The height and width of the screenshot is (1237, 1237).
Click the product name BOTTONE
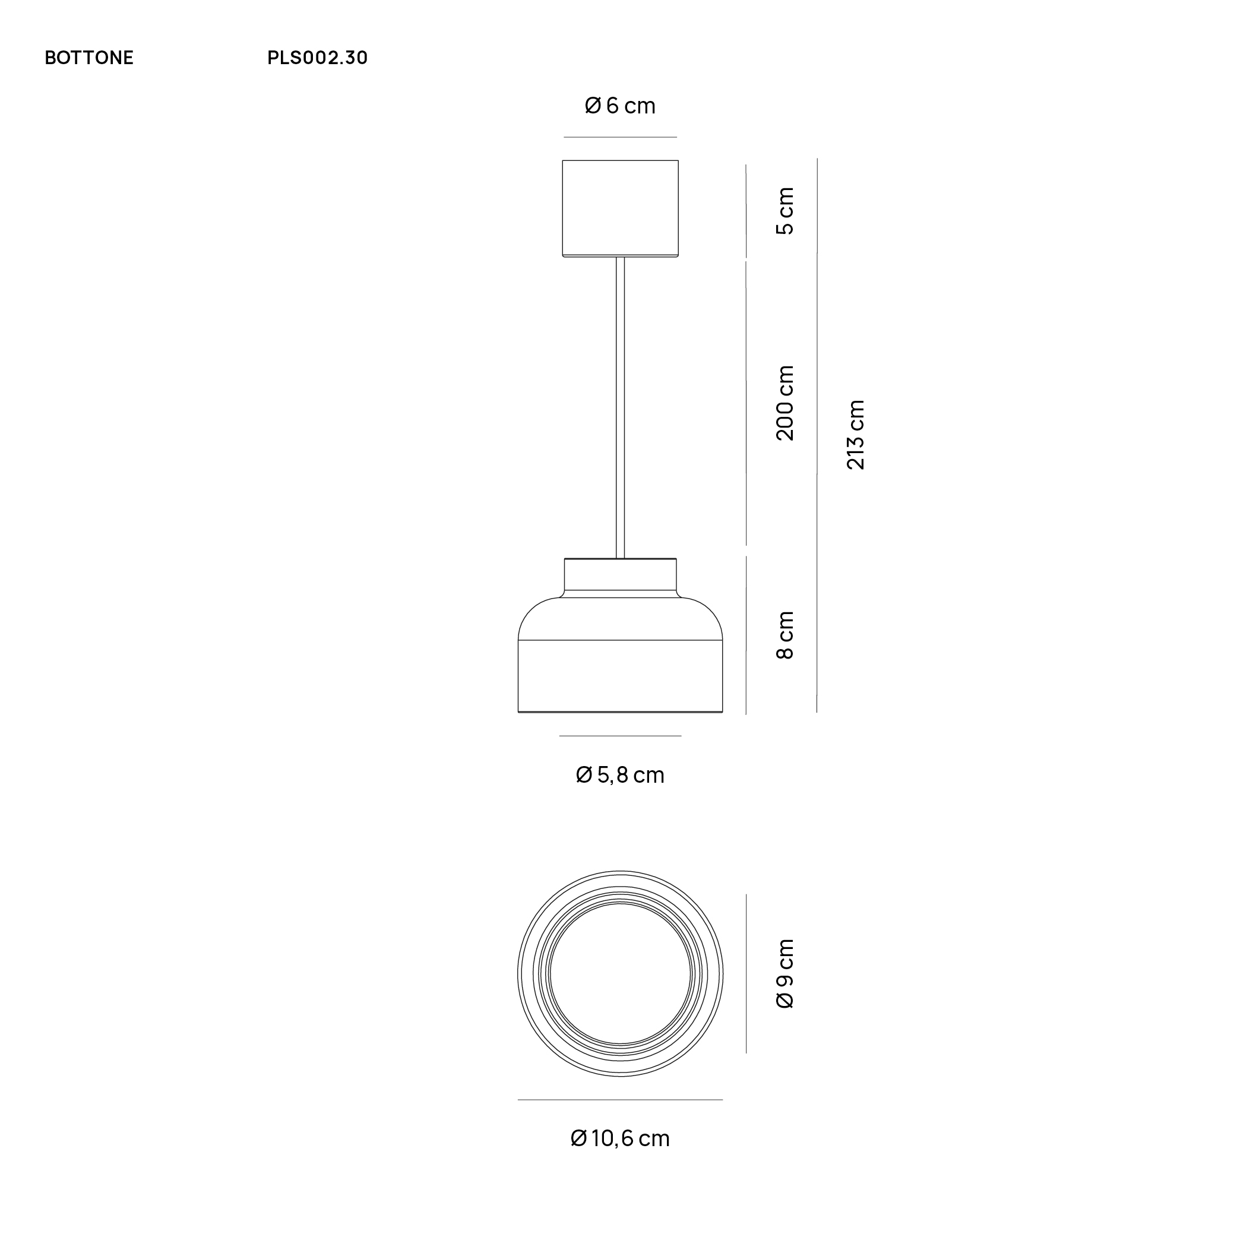point(89,58)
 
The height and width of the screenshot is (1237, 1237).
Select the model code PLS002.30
point(318,58)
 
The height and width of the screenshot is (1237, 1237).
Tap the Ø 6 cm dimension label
point(620,106)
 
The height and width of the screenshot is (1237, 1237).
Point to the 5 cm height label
point(785,211)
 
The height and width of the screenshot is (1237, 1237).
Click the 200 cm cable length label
point(785,403)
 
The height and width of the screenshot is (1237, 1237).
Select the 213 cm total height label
point(856,435)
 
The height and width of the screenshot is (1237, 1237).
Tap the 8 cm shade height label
point(785,635)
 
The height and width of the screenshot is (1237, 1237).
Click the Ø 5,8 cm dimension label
point(620,776)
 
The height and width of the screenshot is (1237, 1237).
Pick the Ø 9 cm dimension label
point(785,974)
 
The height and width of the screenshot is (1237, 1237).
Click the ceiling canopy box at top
point(620,208)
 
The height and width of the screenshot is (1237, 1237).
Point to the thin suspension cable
point(620,410)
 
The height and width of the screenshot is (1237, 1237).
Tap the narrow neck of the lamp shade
point(620,575)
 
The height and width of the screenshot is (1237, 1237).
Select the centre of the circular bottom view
point(620,974)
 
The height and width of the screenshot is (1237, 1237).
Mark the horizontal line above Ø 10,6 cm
point(620,1100)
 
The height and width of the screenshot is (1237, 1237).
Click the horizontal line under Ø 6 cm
point(620,137)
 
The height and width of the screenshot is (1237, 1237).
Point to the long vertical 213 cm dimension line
point(817,435)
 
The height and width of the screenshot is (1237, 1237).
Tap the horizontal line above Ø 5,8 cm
point(620,736)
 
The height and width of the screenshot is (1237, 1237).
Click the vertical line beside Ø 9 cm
point(746,974)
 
